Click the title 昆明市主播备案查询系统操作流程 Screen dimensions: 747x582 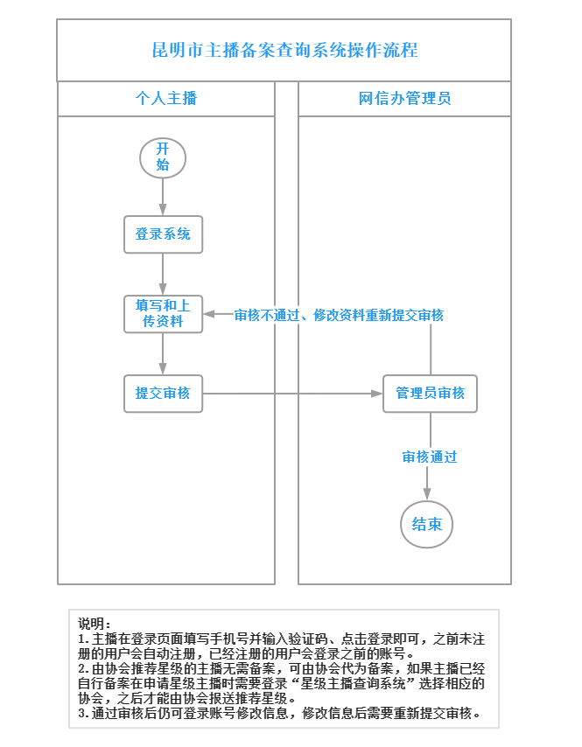tap(284, 50)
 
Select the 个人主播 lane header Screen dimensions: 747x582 tap(165, 98)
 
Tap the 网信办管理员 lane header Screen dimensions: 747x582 tap(404, 98)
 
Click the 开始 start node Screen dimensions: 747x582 tap(163, 157)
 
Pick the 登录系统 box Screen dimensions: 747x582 tap(163, 234)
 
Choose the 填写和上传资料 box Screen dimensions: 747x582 tap(163, 314)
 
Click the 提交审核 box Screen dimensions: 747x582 tap(163, 393)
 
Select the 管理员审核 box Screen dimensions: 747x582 tap(430, 393)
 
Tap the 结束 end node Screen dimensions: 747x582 tap(427, 525)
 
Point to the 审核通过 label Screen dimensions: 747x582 tap(430, 457)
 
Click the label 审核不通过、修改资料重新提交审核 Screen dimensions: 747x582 tap(339, 315)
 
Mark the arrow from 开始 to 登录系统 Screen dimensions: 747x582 tap(163, 197)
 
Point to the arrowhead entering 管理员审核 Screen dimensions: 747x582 tap(376, 394)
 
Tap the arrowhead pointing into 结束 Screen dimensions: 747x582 tap(428, 495)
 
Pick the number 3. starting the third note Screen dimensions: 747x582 tap(83, 713)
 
